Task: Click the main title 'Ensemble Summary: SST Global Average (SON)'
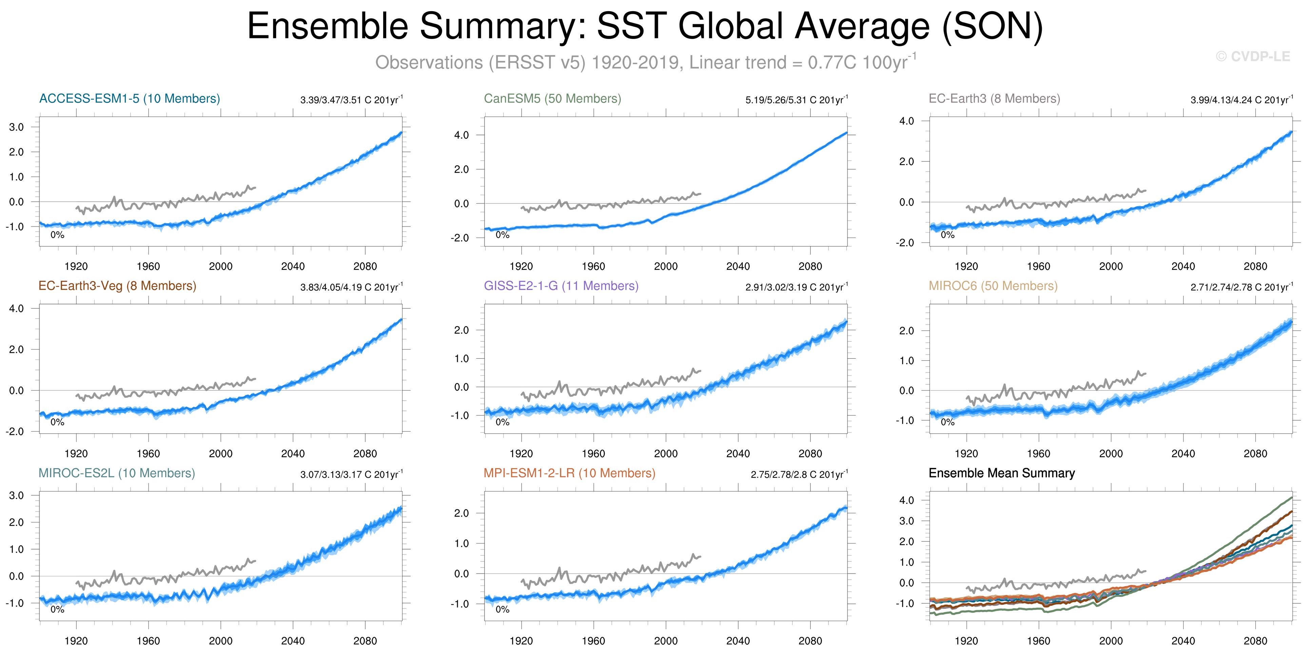(644, 26)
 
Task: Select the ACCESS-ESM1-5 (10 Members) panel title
(130, 98)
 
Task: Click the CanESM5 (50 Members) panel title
(552, 98)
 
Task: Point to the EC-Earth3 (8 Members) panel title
(994, 98)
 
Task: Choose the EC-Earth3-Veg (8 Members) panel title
(117, 286)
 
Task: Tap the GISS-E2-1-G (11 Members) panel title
(561, 286)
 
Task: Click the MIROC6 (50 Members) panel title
(993, 286)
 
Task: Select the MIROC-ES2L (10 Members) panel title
(117, 473)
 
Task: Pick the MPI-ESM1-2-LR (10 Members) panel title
(569, 473)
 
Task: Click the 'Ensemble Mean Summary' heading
(1001, 473)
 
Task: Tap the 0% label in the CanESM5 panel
(502, 234)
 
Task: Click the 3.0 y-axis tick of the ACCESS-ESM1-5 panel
(16, 127)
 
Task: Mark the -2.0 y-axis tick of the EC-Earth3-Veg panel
(15, 431)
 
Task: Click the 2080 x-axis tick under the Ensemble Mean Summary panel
(1255, 641)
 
